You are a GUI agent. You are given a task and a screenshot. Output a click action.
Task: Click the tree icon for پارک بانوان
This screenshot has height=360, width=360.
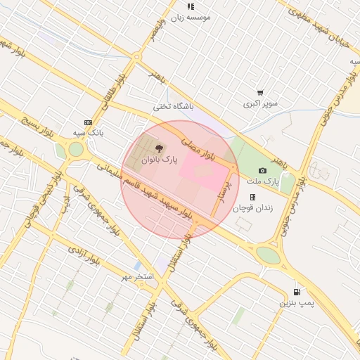click(159, 148)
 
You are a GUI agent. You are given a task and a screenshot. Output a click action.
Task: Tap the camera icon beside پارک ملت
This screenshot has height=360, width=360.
click(263, 170)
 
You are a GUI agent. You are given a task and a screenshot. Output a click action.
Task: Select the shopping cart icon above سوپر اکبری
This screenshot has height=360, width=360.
click(260, 92)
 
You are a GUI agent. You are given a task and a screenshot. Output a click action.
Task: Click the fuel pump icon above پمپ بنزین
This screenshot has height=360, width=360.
click(296, 291)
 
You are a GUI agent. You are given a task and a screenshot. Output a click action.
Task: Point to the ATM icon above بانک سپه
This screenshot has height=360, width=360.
click(88, 122)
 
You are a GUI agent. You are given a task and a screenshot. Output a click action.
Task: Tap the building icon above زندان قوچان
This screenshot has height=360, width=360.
click(252, 197)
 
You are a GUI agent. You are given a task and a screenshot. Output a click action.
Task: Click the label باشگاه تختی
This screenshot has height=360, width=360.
click(173, 107)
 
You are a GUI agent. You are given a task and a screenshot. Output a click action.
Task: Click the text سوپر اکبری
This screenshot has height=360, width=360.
click(261, 104)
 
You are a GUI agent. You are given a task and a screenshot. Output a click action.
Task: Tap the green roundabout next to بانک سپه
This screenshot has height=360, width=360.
click(75, 149)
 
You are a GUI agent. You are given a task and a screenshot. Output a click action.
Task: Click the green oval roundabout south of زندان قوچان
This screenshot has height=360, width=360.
click(267, 255)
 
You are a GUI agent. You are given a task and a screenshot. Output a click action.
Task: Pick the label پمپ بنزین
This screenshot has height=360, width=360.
click(295, 302)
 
